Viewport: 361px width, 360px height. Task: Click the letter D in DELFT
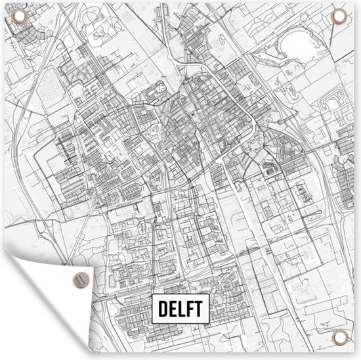[x=161, y=307]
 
